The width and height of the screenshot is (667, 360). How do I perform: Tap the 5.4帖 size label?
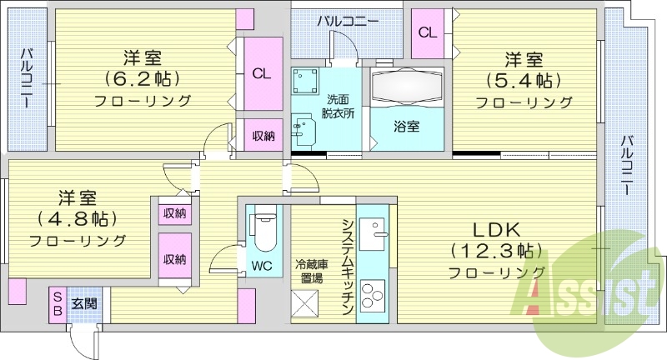click(x=524, y=80)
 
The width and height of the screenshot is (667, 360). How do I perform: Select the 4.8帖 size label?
click(x=77, y=218)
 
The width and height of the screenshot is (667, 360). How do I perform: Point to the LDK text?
click(x=496, y=230)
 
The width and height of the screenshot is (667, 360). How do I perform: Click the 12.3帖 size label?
click(x=496, y=251)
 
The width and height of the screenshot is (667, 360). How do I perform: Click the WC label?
click(x=262, y=267)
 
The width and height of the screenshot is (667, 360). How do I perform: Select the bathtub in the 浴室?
click(x=407, y=86)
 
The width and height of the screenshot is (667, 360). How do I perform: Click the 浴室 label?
click(x=406, y=126)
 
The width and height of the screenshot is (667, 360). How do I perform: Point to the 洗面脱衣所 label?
click(x=339, y=107)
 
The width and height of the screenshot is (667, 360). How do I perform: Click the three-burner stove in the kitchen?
click(x=373, y=293)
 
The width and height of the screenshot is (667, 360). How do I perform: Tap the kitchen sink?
click(x=373, y=234)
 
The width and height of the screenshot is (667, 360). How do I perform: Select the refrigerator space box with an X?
click(x=304, y=303)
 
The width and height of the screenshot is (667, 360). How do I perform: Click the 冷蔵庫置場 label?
click(x=312, y=272)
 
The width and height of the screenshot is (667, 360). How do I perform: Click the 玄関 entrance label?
click(x=84, y=303)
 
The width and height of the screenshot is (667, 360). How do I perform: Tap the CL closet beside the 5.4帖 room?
click(x=428, y=33)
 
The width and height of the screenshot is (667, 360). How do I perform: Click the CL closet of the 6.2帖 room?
click(x=262, y=74)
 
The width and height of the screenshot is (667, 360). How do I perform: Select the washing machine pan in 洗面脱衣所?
click(x=305, y=80)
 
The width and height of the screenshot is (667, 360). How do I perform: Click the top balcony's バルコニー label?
click(x=347, y=22)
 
